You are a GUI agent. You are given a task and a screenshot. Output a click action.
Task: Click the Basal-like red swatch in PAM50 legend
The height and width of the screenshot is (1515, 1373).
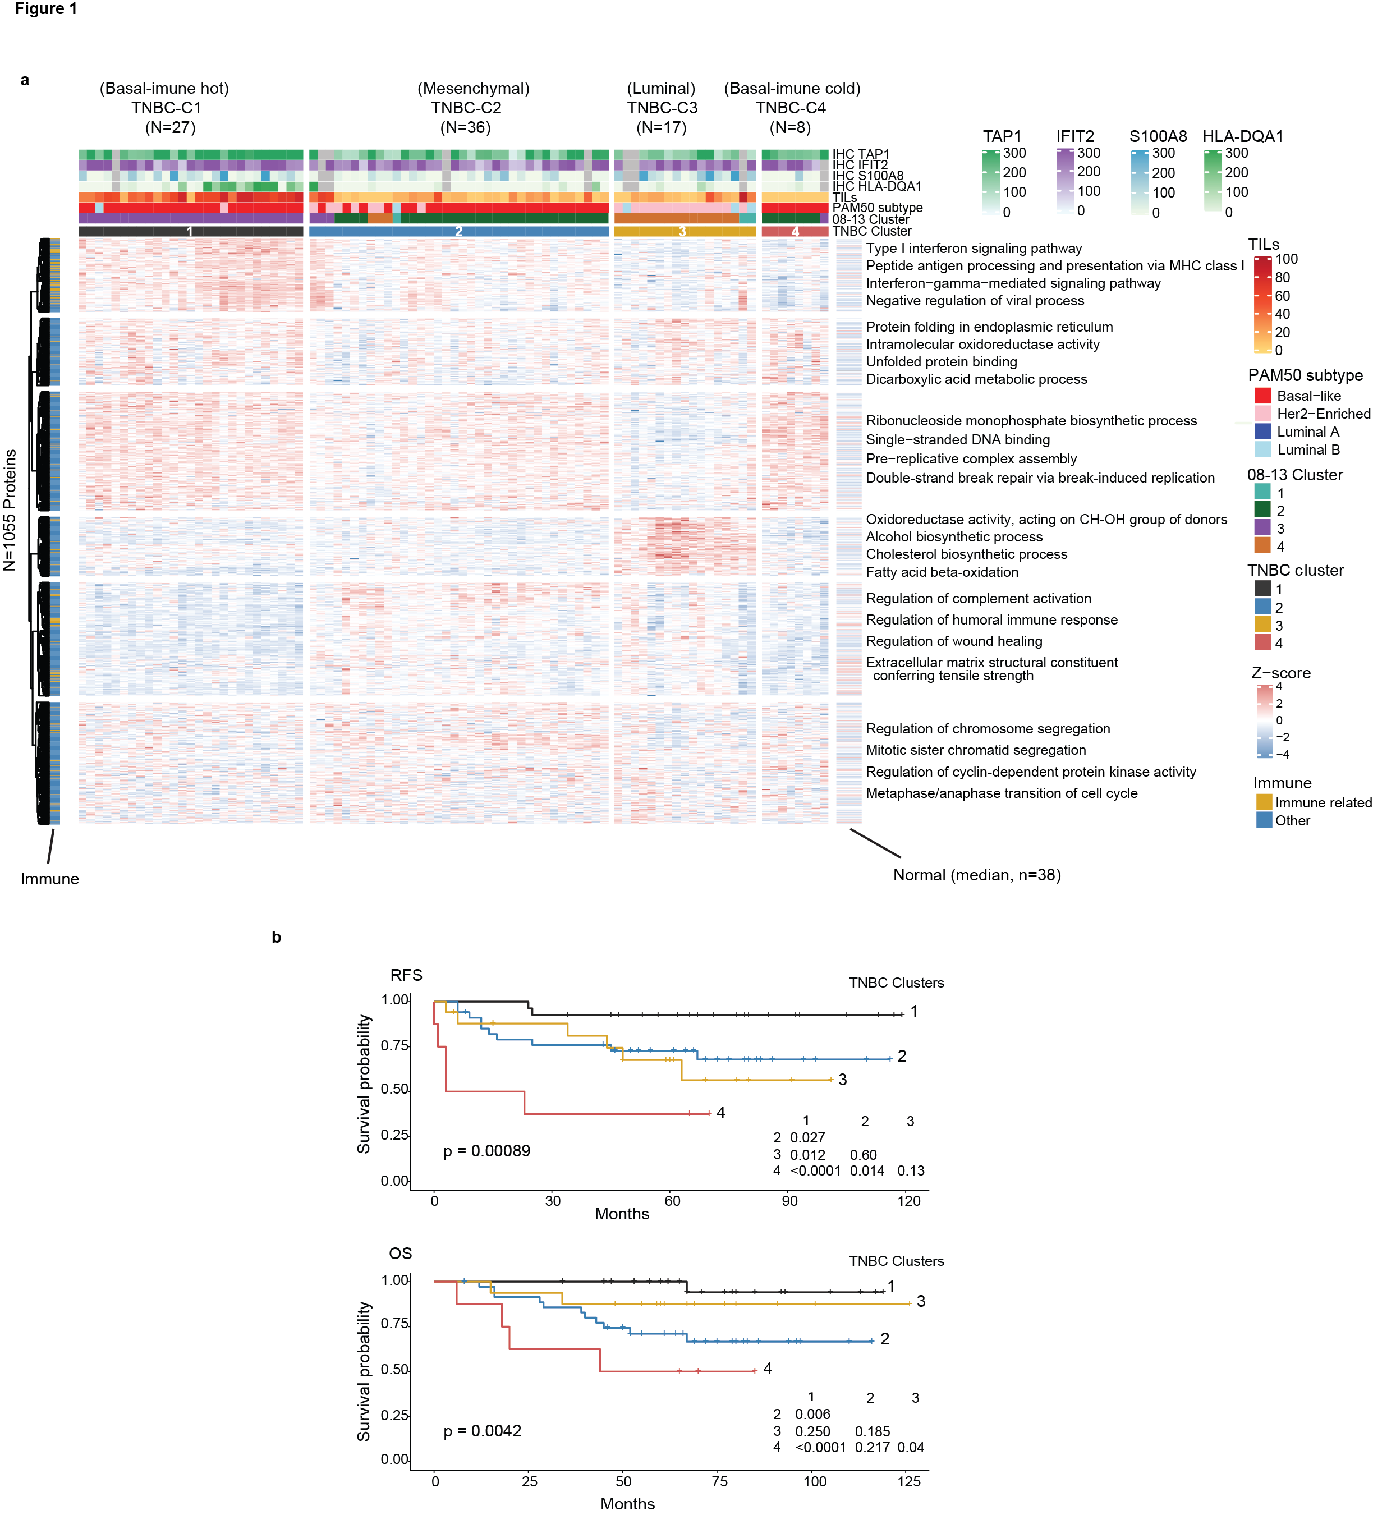click(x=1262, y=395)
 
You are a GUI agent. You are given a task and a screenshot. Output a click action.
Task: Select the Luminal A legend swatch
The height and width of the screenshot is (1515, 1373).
click(x=1262, y=431)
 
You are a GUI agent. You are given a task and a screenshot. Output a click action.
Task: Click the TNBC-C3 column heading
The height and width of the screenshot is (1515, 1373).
click(x=662, y=108)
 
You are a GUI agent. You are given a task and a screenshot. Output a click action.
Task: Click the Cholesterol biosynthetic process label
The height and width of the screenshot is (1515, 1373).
click(x=966, y=554)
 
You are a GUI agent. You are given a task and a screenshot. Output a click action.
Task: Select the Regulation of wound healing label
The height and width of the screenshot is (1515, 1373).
click(x=954, y=641)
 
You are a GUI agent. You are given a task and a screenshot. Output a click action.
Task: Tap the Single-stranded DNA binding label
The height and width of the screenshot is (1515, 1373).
click(x=957, y=439)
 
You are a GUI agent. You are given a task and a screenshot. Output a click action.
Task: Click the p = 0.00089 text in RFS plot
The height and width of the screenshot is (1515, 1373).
click(x=486, y=1150)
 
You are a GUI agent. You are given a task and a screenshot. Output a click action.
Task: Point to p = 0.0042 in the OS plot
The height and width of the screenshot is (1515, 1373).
click(x=482, y=1430)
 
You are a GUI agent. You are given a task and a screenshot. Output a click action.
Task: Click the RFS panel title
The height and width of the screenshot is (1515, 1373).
click(x=406, y=975)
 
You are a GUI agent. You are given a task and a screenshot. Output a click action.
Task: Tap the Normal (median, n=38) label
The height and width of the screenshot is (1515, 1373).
click(x=976, y=875)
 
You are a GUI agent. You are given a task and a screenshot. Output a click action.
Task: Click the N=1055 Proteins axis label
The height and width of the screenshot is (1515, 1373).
click(x=10, y=509)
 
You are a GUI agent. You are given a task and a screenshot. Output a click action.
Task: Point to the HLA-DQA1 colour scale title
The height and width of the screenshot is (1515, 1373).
click(x=1242, y=136)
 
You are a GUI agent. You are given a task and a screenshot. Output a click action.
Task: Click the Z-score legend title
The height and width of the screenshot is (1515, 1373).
click(x=1280, y=673)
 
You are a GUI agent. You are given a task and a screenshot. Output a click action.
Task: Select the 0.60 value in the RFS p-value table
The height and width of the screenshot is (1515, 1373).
click(x=863, y=1154)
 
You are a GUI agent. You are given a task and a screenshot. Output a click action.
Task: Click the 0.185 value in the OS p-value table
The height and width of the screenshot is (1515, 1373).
click(x=872, y=1431)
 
